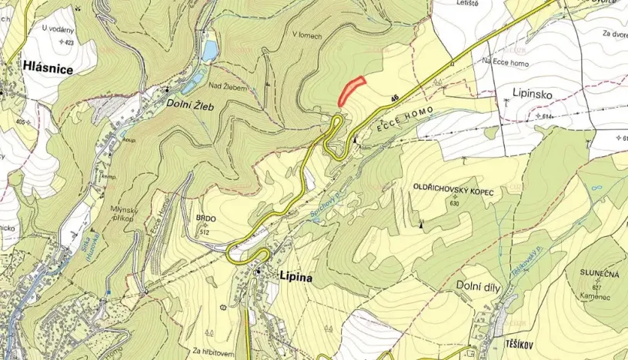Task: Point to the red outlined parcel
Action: pyautogui.click(x=350, y=90)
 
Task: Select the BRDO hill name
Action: pyautogui.click(x=206, y=218)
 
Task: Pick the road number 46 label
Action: pyautogui.click(x=395, y=97)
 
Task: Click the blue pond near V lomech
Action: pyautogui.click(x=209, y=51)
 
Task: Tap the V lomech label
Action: pyautogui.click(x=306, y=35)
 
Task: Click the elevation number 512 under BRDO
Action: pyautogui.click(x=205, y=231)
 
